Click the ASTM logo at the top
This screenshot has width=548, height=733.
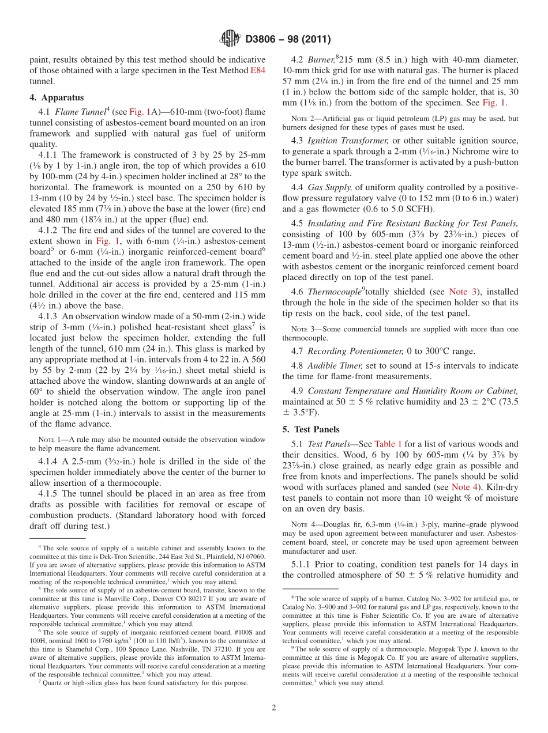(230, 39)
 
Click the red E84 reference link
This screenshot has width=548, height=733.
(257, 70)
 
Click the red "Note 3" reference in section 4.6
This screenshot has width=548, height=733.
(461, 292)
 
